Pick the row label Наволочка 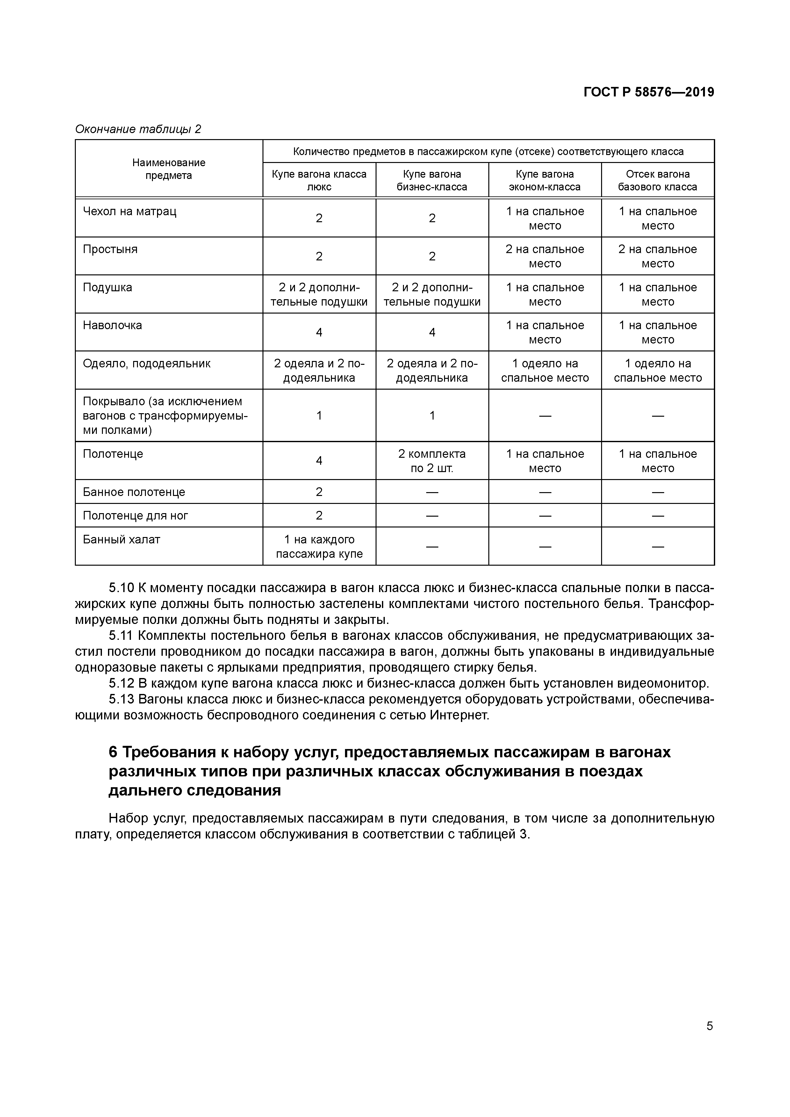pos(112,325)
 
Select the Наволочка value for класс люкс pos(319,332)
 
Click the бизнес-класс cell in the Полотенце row pos(432,461)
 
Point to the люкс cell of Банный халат pos(319,546)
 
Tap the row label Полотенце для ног pos(135,516)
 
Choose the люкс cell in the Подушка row pos(319,294)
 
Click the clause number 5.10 pos(121,588)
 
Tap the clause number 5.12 pos(121,683)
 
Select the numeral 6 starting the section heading pos(113,753)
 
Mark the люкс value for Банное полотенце pos(319,492)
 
